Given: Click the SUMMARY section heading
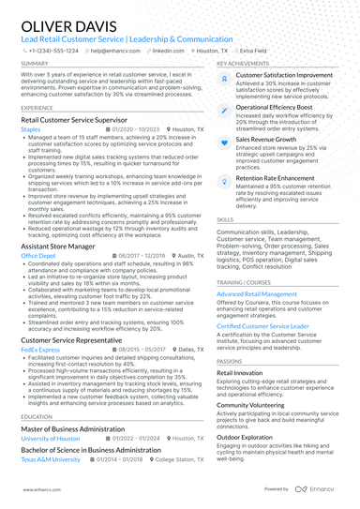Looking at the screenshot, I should tap(35, 64).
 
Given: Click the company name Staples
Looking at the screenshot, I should tap(31, 129).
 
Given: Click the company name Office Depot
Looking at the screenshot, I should tap(38, 255).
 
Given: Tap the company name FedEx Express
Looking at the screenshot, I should tap(40, 348).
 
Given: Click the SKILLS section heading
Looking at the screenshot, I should tap(226, 219).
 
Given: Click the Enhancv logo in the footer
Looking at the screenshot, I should tap(319, 489).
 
